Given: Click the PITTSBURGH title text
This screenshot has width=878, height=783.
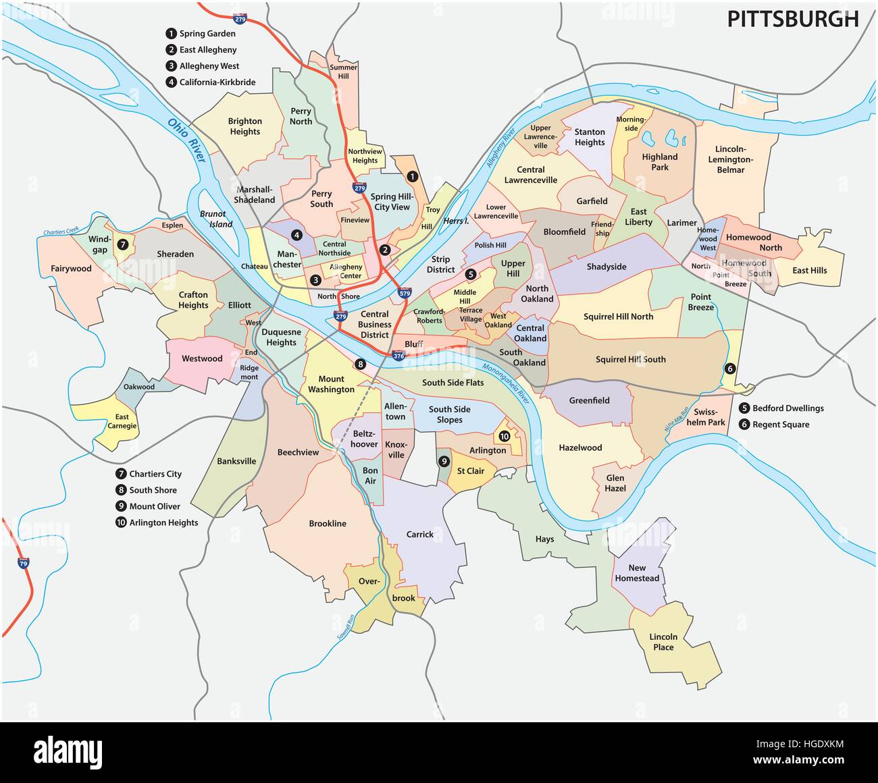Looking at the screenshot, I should click(x=792, y=19).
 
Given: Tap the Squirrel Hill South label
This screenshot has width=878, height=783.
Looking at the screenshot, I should click(x=630, y=359).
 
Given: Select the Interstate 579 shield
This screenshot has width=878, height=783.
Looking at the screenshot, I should click(x=405, y=293).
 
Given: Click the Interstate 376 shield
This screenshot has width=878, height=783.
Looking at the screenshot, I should click(x=398, y=356).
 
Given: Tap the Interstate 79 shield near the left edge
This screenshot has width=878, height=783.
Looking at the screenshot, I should click(x=24, y=562).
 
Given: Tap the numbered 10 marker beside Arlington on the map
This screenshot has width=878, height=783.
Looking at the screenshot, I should click(x=504, y=437).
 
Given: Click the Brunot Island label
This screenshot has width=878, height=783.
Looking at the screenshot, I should click(x=216, y=219).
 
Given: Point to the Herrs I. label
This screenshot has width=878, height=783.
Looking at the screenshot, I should click(x=456, y=221).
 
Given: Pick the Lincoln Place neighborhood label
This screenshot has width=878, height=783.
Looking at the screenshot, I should click(x=663, y=642).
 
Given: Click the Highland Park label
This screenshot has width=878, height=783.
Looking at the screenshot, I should click(x=659, y=162).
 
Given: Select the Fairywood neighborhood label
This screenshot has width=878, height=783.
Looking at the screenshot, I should click(x=71, y=269).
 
